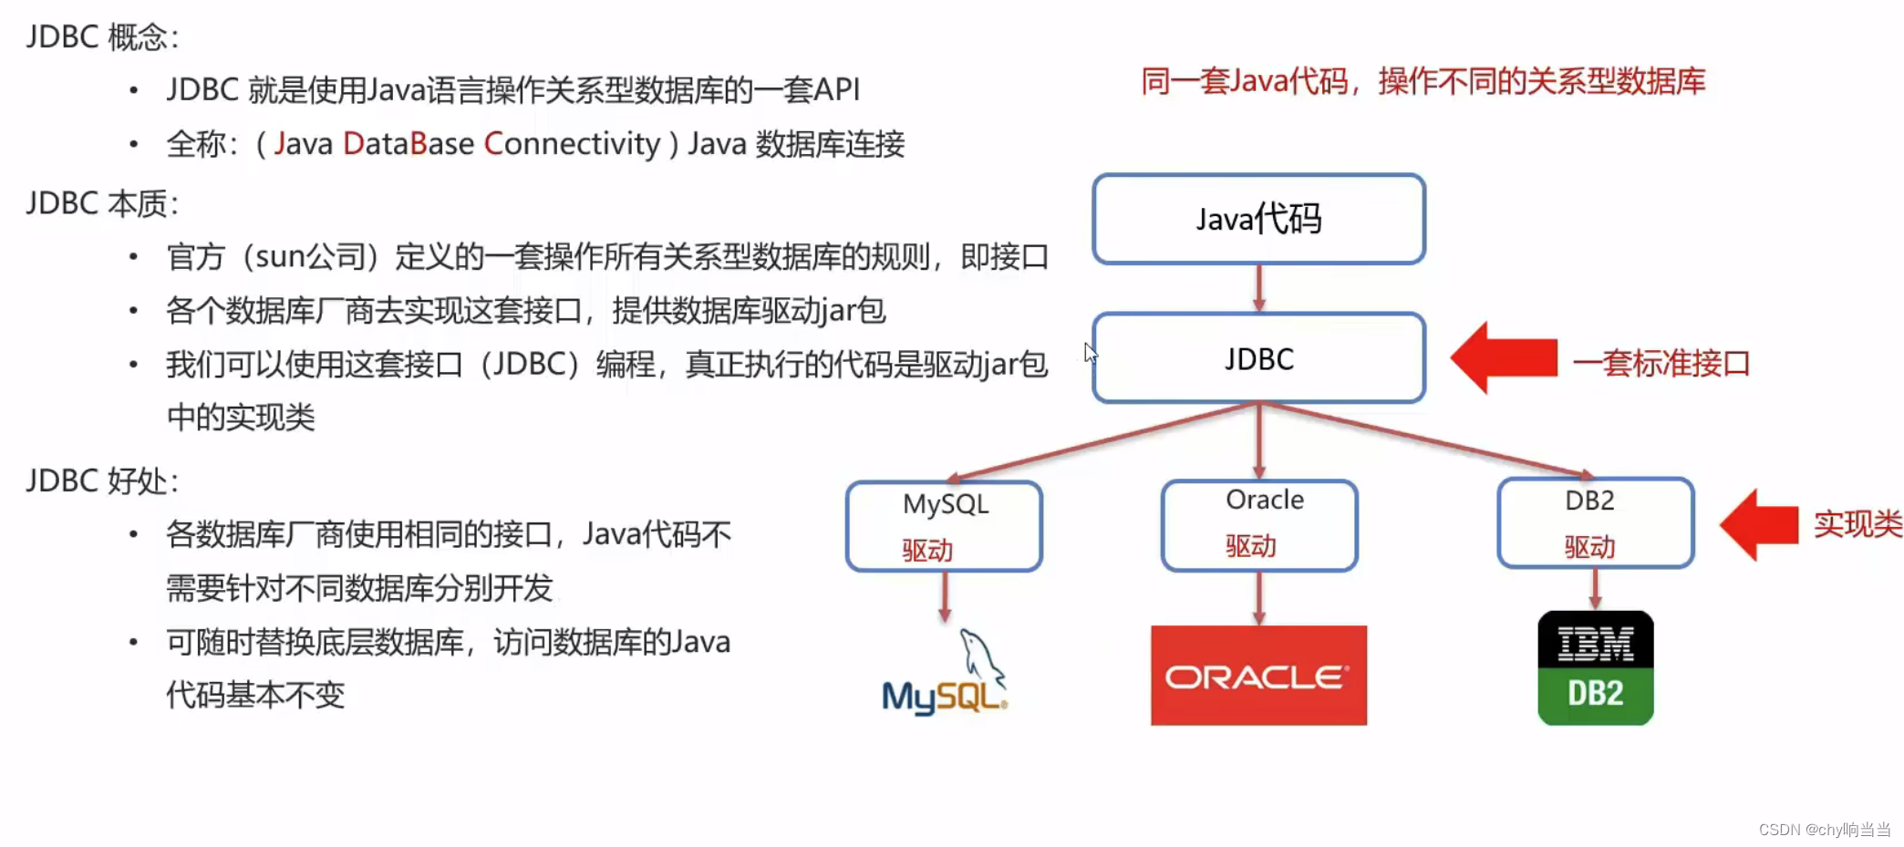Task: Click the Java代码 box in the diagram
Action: point(1258,219)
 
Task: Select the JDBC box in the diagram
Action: point(1258,358)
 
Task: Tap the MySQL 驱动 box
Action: point(944,526)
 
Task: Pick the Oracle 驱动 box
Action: point(1259,525)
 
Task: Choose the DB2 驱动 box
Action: point(1595,523)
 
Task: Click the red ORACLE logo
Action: point(1258,676)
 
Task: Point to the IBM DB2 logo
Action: point(1595,668)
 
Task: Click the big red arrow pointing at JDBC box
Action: point(1505,357)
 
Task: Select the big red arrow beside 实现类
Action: point(1759,524)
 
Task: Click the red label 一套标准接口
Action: point(1661,363)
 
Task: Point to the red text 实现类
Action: point(1857,524)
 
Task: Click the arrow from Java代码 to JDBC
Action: point(1258,288)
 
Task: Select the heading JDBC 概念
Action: point(101,37)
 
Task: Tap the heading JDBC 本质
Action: point(101,203)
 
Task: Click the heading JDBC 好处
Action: point(101,480)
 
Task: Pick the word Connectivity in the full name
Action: point(572,144)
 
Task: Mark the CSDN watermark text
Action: point(1824,829)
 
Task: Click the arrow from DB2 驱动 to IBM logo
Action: point(1595,589)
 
